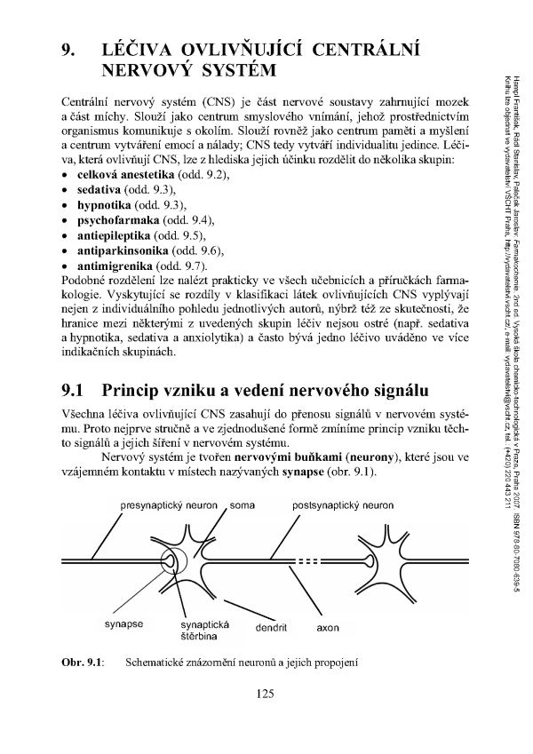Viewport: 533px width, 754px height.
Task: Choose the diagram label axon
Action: tap(330, 627)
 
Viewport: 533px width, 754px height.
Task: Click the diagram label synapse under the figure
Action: tap(123, 623)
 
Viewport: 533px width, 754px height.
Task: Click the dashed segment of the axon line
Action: tap(309, 562)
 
